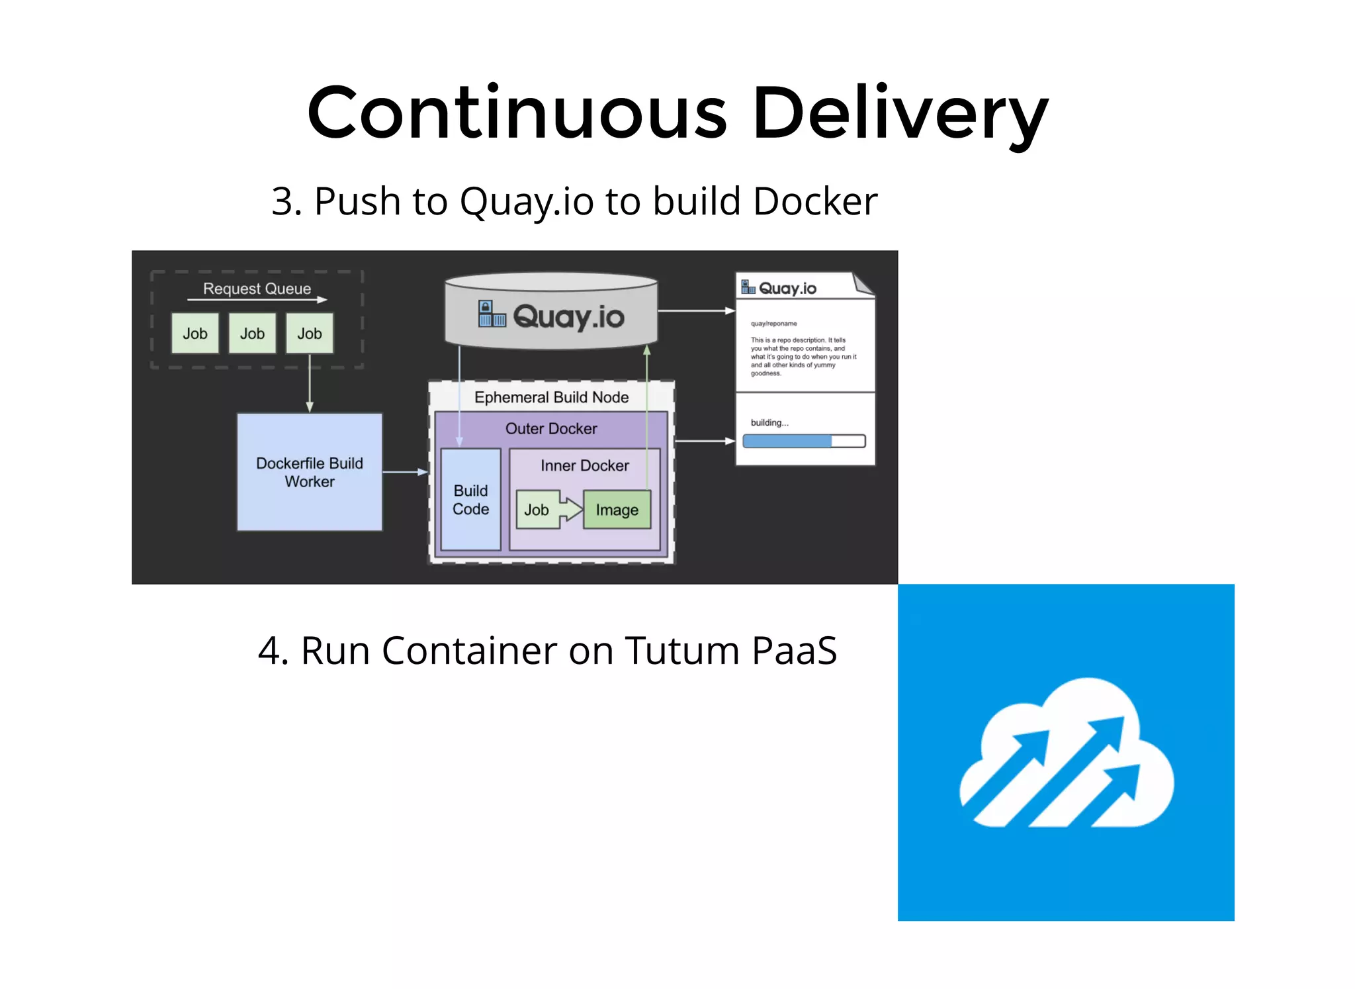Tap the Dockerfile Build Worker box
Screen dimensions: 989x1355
[309, 472]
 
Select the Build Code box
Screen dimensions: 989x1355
[470, 500]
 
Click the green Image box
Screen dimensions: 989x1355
[617, 510]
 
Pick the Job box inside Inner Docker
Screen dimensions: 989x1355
[537, 510]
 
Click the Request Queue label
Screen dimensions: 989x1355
[257, 289]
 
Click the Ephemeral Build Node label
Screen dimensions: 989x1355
[551, 397]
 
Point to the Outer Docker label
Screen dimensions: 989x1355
[551, 428]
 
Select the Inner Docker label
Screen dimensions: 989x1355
[584, 465]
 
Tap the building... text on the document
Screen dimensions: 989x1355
[769, 422]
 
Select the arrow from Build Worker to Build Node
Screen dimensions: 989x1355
[405, 472]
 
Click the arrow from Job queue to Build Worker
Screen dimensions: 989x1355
[310, 384]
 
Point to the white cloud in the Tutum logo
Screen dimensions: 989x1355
[1067, 755]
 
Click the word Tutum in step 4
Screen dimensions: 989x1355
[682, 651]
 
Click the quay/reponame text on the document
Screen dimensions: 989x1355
[773, 324]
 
